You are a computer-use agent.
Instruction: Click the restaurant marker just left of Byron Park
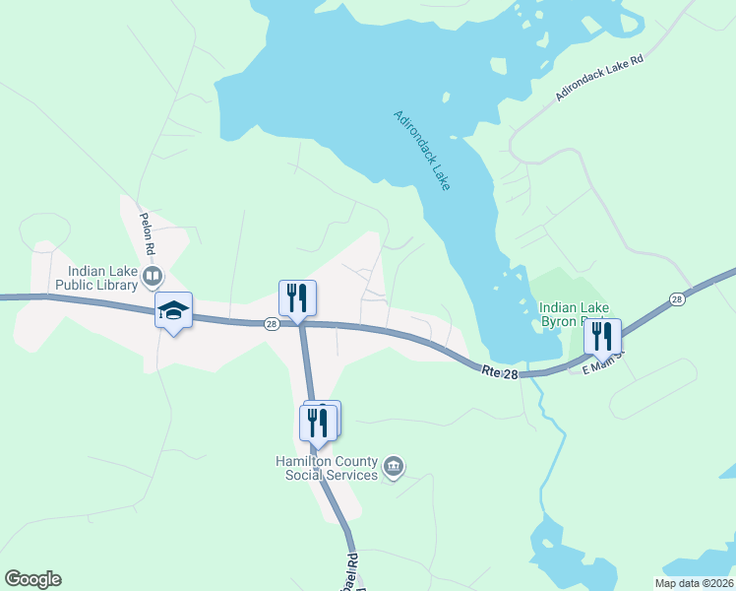pyautogui.click(x=602, y=336)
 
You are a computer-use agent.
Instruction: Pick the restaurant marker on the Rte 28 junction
pyautogui.click(x=297, y=296)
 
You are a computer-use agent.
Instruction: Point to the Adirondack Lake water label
pyautogui.click(x=422, y=150)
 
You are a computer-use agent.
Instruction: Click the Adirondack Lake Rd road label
pyautogui.click(x=598, y=79)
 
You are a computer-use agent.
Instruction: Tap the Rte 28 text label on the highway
pyautogui.click(x=500, y=371)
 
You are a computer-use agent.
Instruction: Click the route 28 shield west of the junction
pyautogui.click(x=271, y=323)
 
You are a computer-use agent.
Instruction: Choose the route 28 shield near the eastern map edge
pyautogui.click(x=676, y=298)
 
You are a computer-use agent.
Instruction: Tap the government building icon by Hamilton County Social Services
pyautogui.click(x=394, y=466)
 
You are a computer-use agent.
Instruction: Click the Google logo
pyautogui.click(x=32, y=579)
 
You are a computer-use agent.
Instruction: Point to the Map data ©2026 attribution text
pyautogui.click(x=694, y=583)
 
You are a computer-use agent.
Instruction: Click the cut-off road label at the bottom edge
pyautogui.click(x=358, y=575)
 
